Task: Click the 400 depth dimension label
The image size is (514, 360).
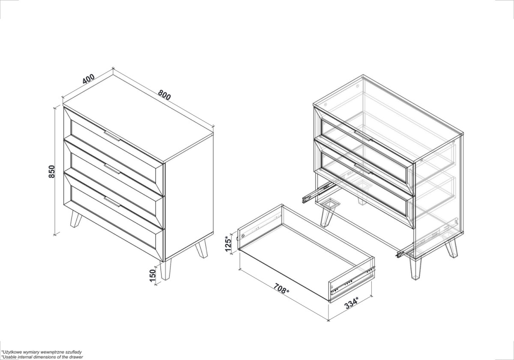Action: (x=89, y=79)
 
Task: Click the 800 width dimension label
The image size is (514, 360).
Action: (x=164, y=95)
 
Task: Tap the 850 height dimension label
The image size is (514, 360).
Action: (x=52, y=171)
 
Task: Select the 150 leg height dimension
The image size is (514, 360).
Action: (x=152, y=276)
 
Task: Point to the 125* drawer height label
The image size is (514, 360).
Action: (x=228, y=244)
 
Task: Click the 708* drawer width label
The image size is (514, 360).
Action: (x=281, y=288)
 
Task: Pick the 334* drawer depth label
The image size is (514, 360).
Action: (x=351, y=303)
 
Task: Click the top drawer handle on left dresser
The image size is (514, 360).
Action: (x=112, y=136)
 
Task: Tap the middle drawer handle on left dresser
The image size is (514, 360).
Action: (x=112, y=169)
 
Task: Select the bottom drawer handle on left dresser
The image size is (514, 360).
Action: (x=112, y=201)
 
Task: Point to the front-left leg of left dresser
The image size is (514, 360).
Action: (x=76, y=219)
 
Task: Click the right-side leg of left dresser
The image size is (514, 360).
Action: (x=201, y=249)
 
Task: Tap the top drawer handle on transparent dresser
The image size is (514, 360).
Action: (x=362, y=136)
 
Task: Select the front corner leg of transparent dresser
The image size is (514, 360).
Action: (x=415, y=269)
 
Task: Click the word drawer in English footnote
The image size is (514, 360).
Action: (x=77, y=357)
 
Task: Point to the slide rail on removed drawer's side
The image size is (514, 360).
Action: (x=353, y=281)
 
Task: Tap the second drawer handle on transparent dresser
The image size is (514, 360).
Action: (x=362, y=169)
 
